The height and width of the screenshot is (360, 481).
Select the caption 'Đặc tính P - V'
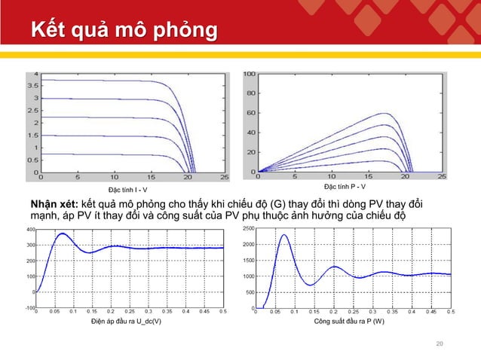click(x=345, y=186)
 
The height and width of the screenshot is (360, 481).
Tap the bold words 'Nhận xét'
click(x=54, y=204)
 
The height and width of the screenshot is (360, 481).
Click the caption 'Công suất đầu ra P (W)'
click(x=348, y=322)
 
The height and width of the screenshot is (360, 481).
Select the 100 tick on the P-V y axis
click(x=248, y=74)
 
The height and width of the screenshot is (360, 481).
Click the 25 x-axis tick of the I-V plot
click(x=225, y=178)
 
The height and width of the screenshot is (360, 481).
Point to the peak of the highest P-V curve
click(x=386, y=114)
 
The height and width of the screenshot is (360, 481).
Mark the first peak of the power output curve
click(x=283, y=235)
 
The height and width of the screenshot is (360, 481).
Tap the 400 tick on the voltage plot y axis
click(x=29, y=228)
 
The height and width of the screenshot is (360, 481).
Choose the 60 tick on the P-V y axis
click(x=250, y=114)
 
